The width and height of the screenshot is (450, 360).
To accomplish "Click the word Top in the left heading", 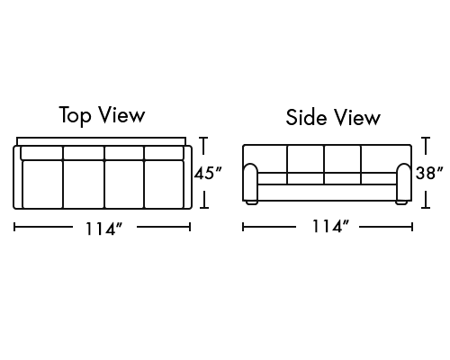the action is (x=75, y=115).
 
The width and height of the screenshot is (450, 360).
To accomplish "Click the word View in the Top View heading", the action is (x=122, y=114).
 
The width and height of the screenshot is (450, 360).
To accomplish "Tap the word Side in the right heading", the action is (x=306, y=117).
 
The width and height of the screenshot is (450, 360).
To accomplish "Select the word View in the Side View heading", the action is (x=357, y=117).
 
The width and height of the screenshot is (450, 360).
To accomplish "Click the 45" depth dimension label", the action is (x=208, y=173).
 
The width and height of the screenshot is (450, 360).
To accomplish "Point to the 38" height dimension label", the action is (x=429, y=173).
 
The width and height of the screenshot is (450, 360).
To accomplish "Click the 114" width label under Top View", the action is (x=104, y=229).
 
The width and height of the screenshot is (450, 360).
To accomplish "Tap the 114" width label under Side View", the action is (x=331, y=226).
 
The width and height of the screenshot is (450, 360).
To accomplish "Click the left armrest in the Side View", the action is (x=250, y=182).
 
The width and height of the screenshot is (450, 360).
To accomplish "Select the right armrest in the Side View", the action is (x=404, y=182).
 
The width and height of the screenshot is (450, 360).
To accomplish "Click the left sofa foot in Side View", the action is (x=252, y=202).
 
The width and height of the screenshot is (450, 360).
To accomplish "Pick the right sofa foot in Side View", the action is (x=401, y=202).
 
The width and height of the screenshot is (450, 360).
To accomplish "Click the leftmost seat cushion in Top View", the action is (x=42, y=184).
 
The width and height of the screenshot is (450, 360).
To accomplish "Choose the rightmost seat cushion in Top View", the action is (x=164, y=184).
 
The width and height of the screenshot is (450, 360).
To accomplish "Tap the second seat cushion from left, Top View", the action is (x=84, y=184).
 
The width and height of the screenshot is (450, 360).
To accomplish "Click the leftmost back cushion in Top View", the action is (x=41, y=153).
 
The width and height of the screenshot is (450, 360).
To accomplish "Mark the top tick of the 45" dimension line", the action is (x=203, y=138).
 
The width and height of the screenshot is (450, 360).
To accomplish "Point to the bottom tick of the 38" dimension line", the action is (x=426, y=207).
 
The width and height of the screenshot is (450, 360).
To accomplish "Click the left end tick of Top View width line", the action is (x=14, y=227).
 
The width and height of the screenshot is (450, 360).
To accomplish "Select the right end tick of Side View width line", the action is (x=412, y=227).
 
